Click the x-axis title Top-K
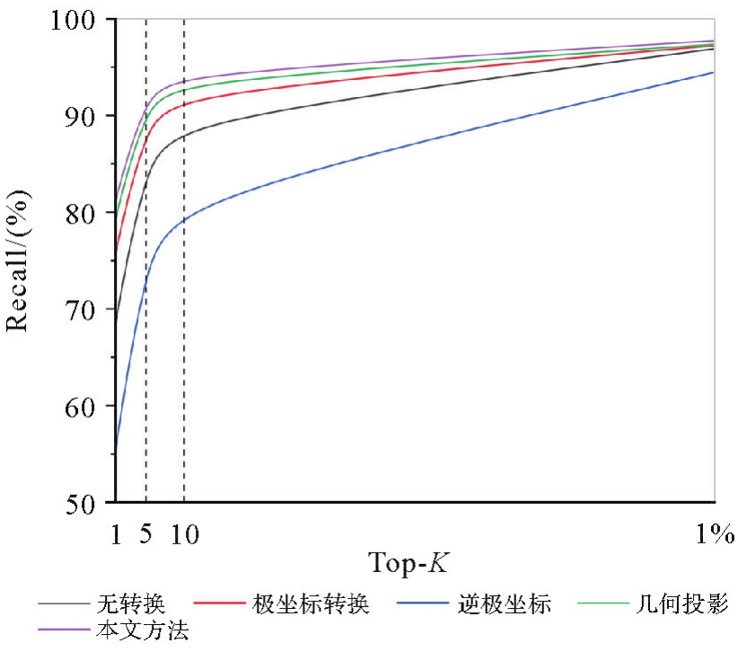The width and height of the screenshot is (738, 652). [x=409, y=565]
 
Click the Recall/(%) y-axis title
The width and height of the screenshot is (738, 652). [x=19, y=260]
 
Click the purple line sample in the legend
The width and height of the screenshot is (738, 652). [x=63, y=630]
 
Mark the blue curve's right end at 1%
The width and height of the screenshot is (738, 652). [x=714, y=73]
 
